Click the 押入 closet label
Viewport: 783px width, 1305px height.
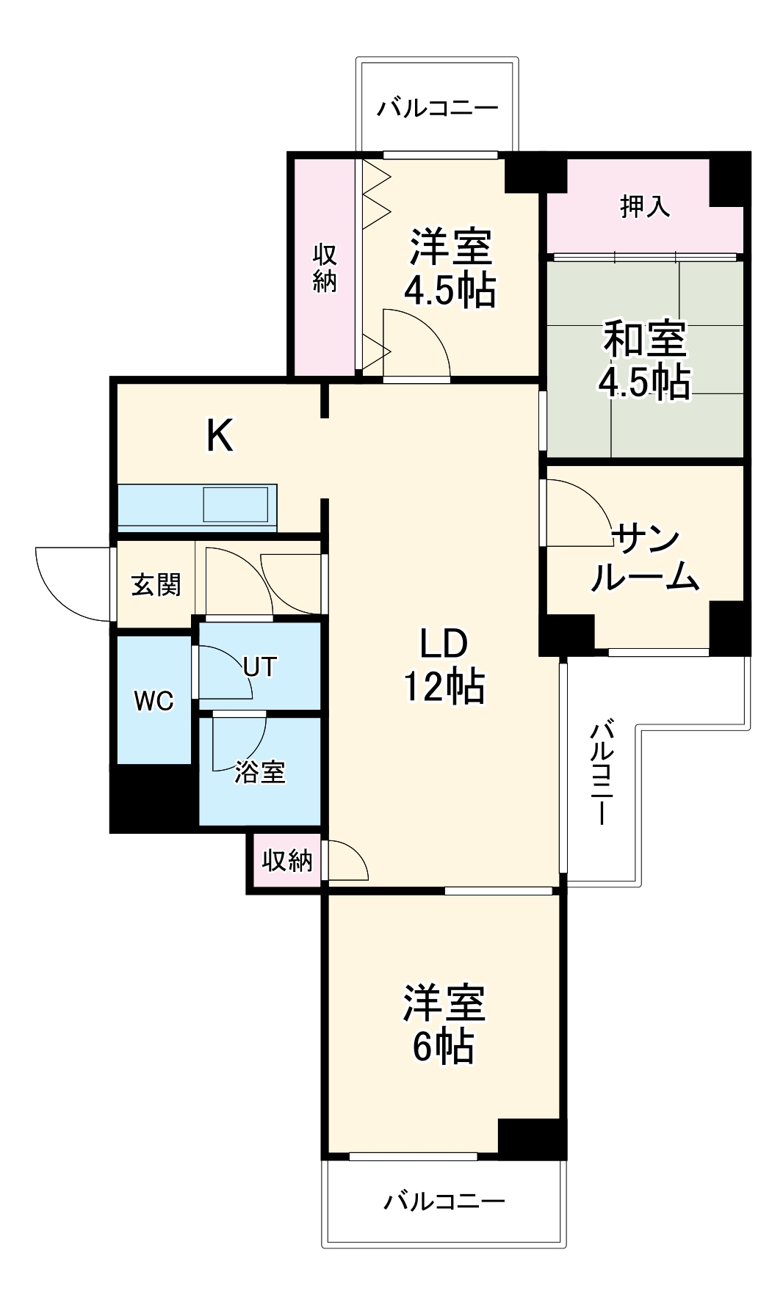pos(644,207)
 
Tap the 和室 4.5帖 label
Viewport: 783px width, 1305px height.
pos(644,360)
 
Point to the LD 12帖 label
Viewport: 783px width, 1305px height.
pos(443,666)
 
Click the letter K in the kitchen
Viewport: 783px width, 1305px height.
pos(220,435)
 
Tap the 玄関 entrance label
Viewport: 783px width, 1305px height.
pos(156,585)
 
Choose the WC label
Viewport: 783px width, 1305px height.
pos(154,701)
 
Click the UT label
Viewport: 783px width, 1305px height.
pos(260,666)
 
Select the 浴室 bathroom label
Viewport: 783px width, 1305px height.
pos(260,771)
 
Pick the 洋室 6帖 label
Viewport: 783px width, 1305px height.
pos(443,1025)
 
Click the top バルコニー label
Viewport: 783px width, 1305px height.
pos(438,109)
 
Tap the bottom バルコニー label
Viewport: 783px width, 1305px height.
pos(444,1202)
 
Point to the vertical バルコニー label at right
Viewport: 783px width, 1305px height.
pos(602,773)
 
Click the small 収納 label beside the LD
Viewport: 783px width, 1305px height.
pos(287,860)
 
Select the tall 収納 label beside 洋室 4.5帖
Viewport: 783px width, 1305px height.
pos(324,268)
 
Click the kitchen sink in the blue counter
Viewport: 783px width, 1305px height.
pos(235,504)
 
